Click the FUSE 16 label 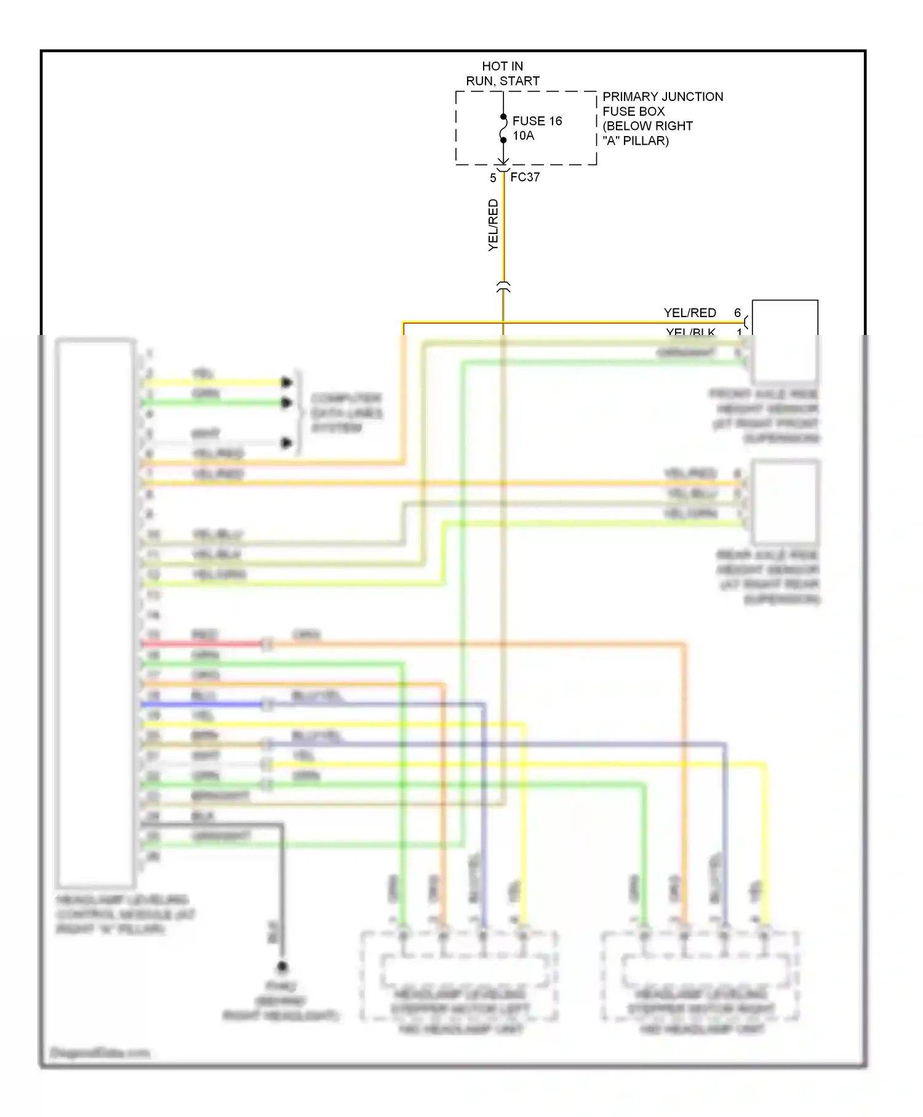point(537,121)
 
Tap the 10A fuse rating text point(523,135)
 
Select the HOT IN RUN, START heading point(502,73)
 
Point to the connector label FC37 point(525,177)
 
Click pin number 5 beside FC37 point(493,178)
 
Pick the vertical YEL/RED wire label point(493,225)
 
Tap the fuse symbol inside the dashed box point(503,128)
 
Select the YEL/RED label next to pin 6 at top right point(690,313)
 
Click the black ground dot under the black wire point(282,966)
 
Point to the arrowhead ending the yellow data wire point(286,382)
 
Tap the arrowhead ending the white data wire point(286,443)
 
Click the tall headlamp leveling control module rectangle point(95,612)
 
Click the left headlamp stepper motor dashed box point(458,977)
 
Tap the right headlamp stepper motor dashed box point(700,977)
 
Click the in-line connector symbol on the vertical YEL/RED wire point(503,288)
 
